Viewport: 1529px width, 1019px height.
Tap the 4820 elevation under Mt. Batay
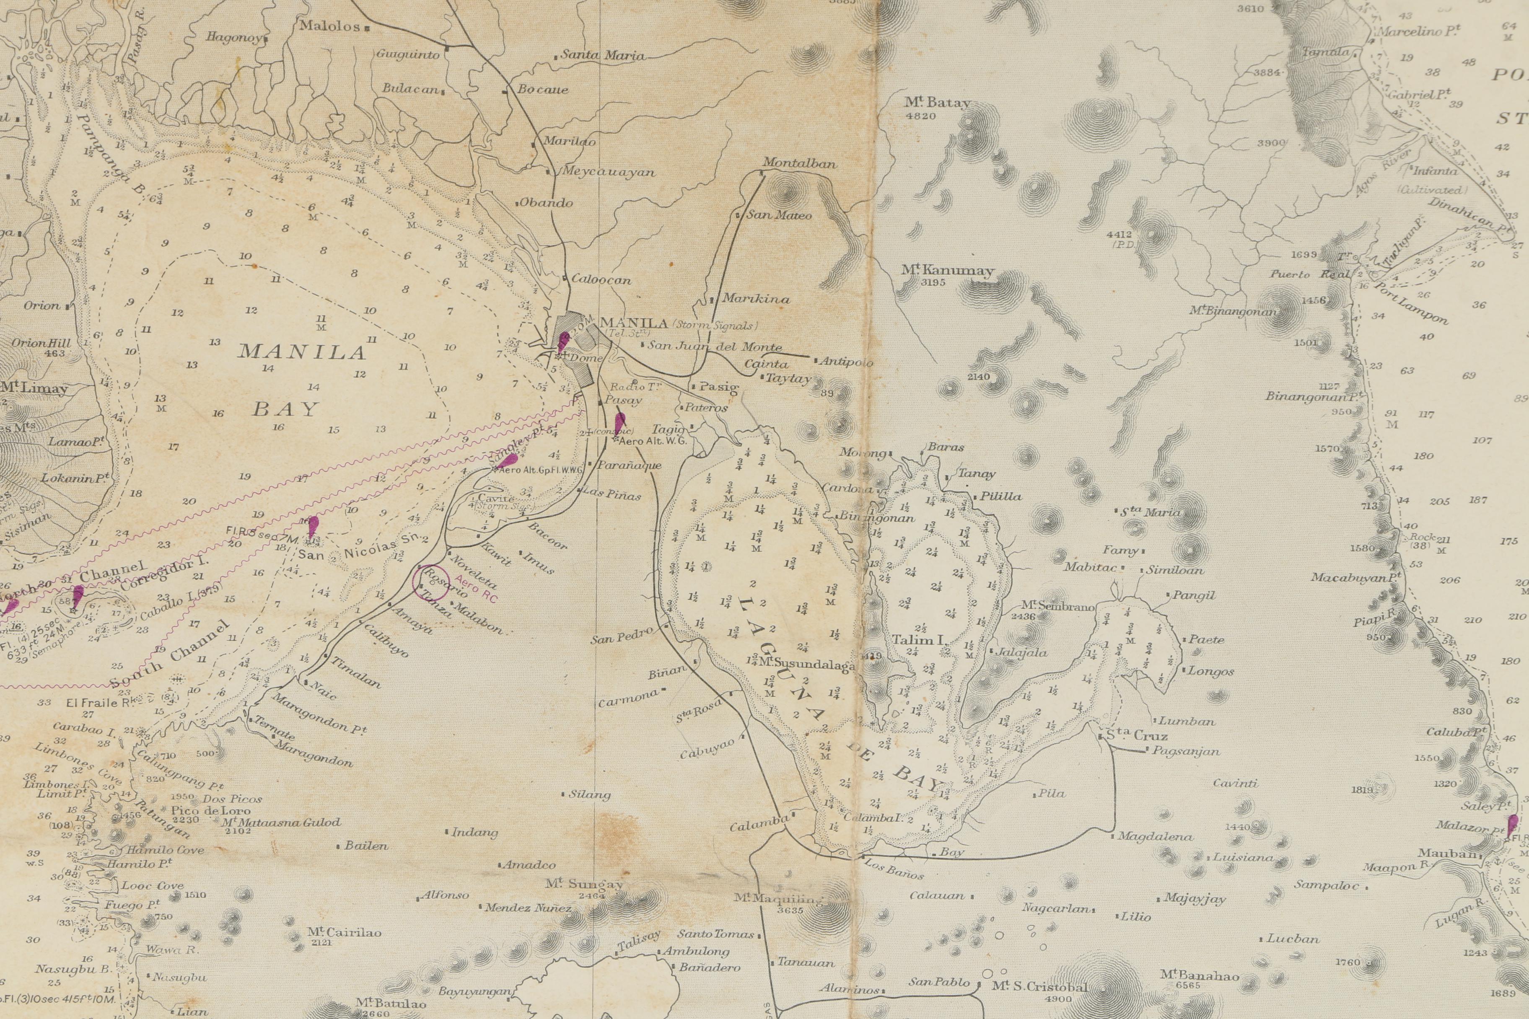[x=920, y=116]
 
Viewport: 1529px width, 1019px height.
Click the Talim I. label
[x=919, y=640]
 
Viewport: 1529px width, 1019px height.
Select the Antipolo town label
[x=846, y=362]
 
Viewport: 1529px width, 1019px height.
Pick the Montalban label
[x=799, y=163]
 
